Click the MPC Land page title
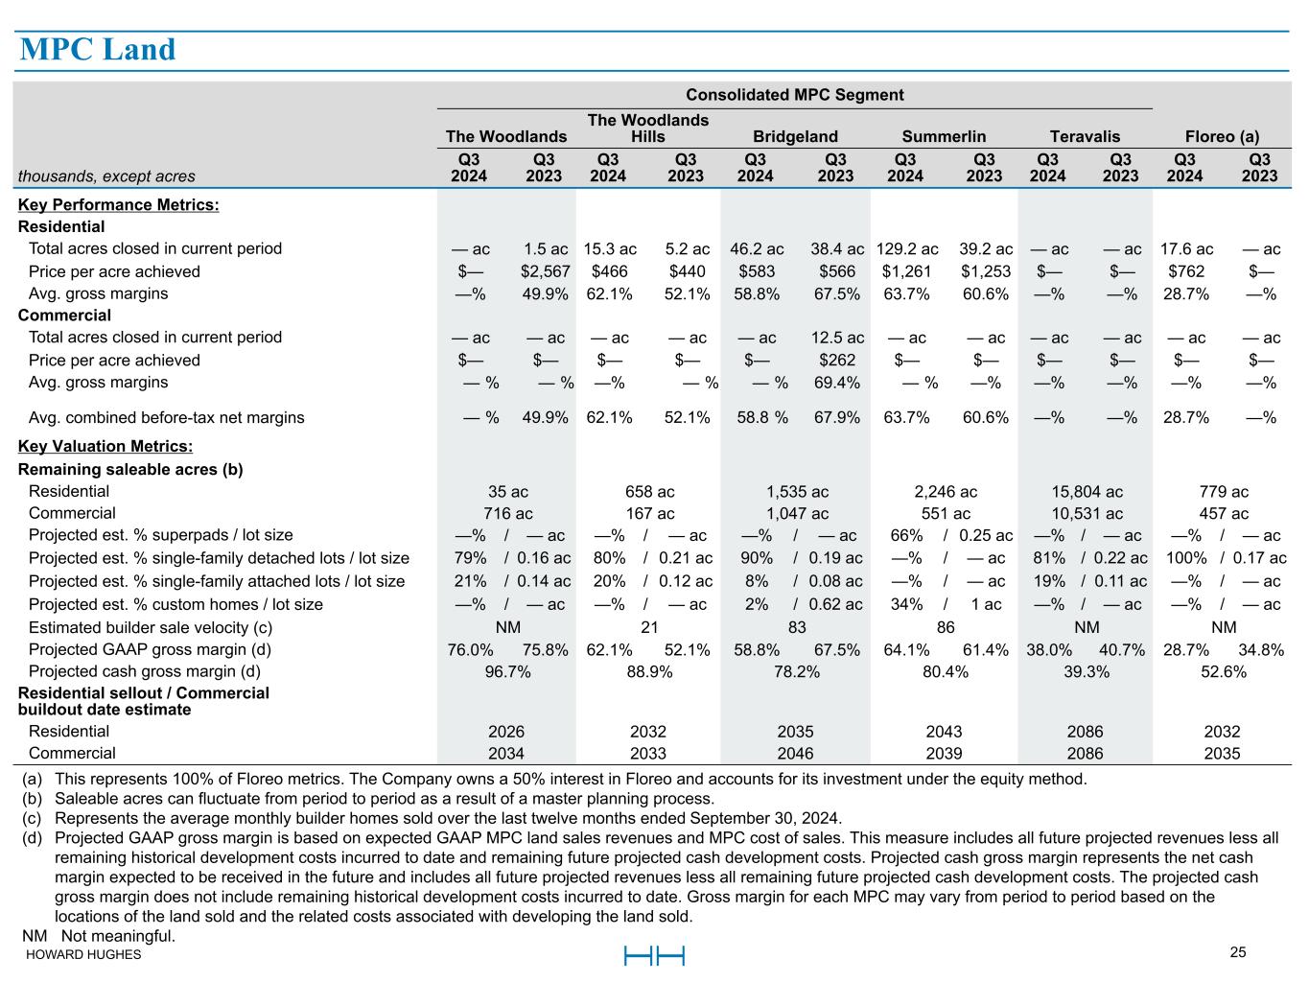pos(98,50)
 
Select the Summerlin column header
pos(944,136)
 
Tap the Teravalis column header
pos(1085,136)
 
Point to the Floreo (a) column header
pos(1222,136)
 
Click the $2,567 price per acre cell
pos(545,271)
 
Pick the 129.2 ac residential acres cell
pos(907,249)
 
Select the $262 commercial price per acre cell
pos(837,361)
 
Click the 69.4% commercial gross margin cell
pos(837,383)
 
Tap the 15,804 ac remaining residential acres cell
pos(1087,492)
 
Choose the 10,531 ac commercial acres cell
pos(1087,514)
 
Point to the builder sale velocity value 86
pos(946,628)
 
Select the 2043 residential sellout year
pos(945,732)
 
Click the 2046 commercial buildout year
pos(795,754)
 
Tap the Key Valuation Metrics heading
pos(105,447)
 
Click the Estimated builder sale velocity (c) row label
pos(151,628)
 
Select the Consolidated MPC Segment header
pos(794,95)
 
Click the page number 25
pos(1238,952)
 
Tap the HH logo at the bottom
pos(654,956)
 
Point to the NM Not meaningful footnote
pos(99,936)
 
